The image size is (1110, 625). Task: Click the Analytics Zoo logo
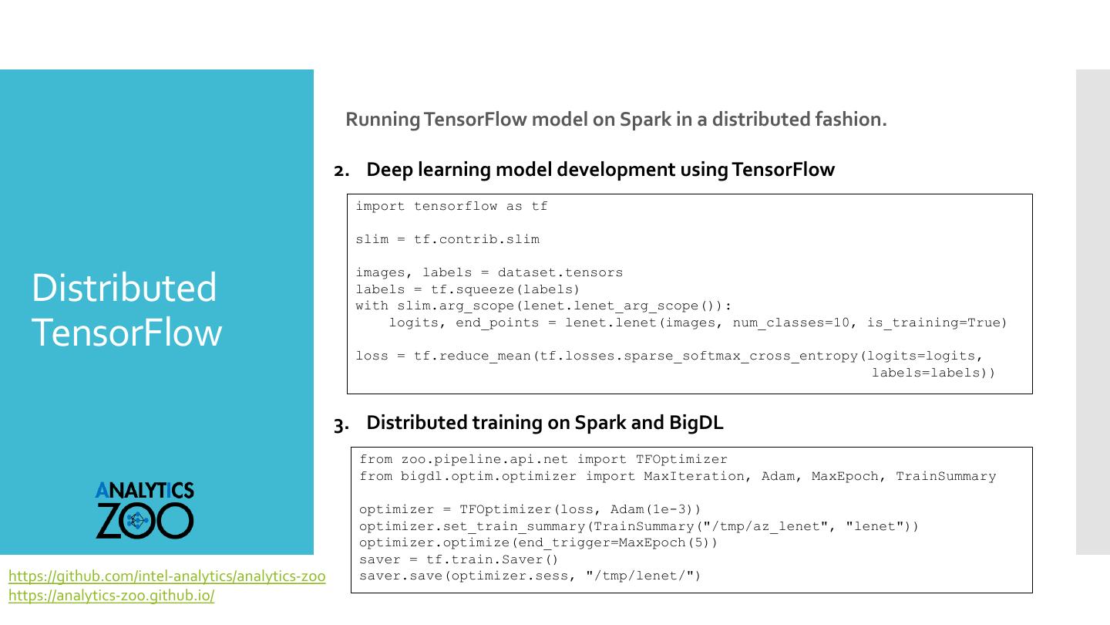[x=145, y=510]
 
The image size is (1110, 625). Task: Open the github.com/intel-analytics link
[x=166, y=576]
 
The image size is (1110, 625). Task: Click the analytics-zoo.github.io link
[x=111, y=596]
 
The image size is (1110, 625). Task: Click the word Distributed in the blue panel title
[x=124, y=288]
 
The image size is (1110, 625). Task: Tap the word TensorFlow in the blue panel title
[x=127, y=333]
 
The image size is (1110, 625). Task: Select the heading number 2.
[x=341, y=171]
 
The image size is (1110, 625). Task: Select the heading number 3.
[x=341, y=424]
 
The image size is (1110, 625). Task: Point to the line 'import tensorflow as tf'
[x=452, y=206]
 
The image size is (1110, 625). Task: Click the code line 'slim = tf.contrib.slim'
[x=447, y=239]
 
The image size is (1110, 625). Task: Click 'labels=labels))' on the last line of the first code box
[x=933, y=373]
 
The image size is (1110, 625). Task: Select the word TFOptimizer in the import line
[x=681, y=459]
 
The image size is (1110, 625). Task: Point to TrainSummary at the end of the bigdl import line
[x=945, y=476]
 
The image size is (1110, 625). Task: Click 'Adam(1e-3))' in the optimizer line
[x=656, y=509]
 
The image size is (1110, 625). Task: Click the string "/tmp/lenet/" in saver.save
[x=639, y=576]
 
